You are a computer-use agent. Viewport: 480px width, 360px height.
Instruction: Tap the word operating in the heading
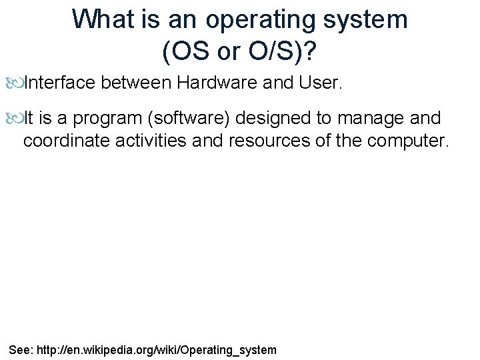pos(262,20)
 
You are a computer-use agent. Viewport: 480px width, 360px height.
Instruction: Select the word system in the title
pos(366,19)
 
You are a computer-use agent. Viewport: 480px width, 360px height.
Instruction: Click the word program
pos(107,119)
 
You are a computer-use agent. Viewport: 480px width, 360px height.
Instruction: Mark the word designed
pos(283,119)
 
